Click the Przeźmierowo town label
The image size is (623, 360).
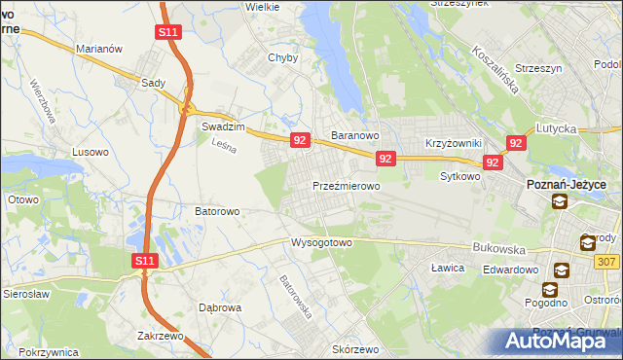point(346,185)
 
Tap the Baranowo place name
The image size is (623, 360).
point(355,135)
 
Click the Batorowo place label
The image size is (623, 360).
point(218,210)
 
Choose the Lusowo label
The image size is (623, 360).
point(92,153)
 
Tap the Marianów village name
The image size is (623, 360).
point(98,49)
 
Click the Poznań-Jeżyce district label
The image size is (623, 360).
point(567,184)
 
